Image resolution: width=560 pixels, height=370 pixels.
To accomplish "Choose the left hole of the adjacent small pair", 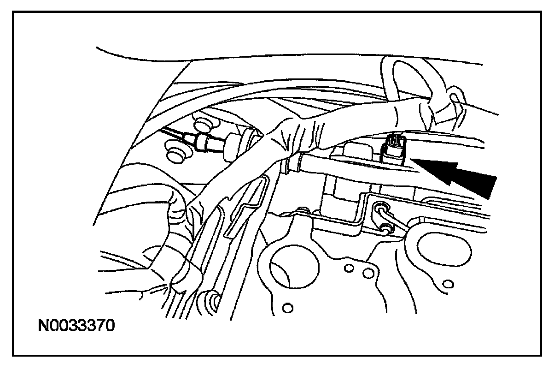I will point(349,269).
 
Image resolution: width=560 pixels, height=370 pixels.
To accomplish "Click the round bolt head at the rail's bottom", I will point(214,302).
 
